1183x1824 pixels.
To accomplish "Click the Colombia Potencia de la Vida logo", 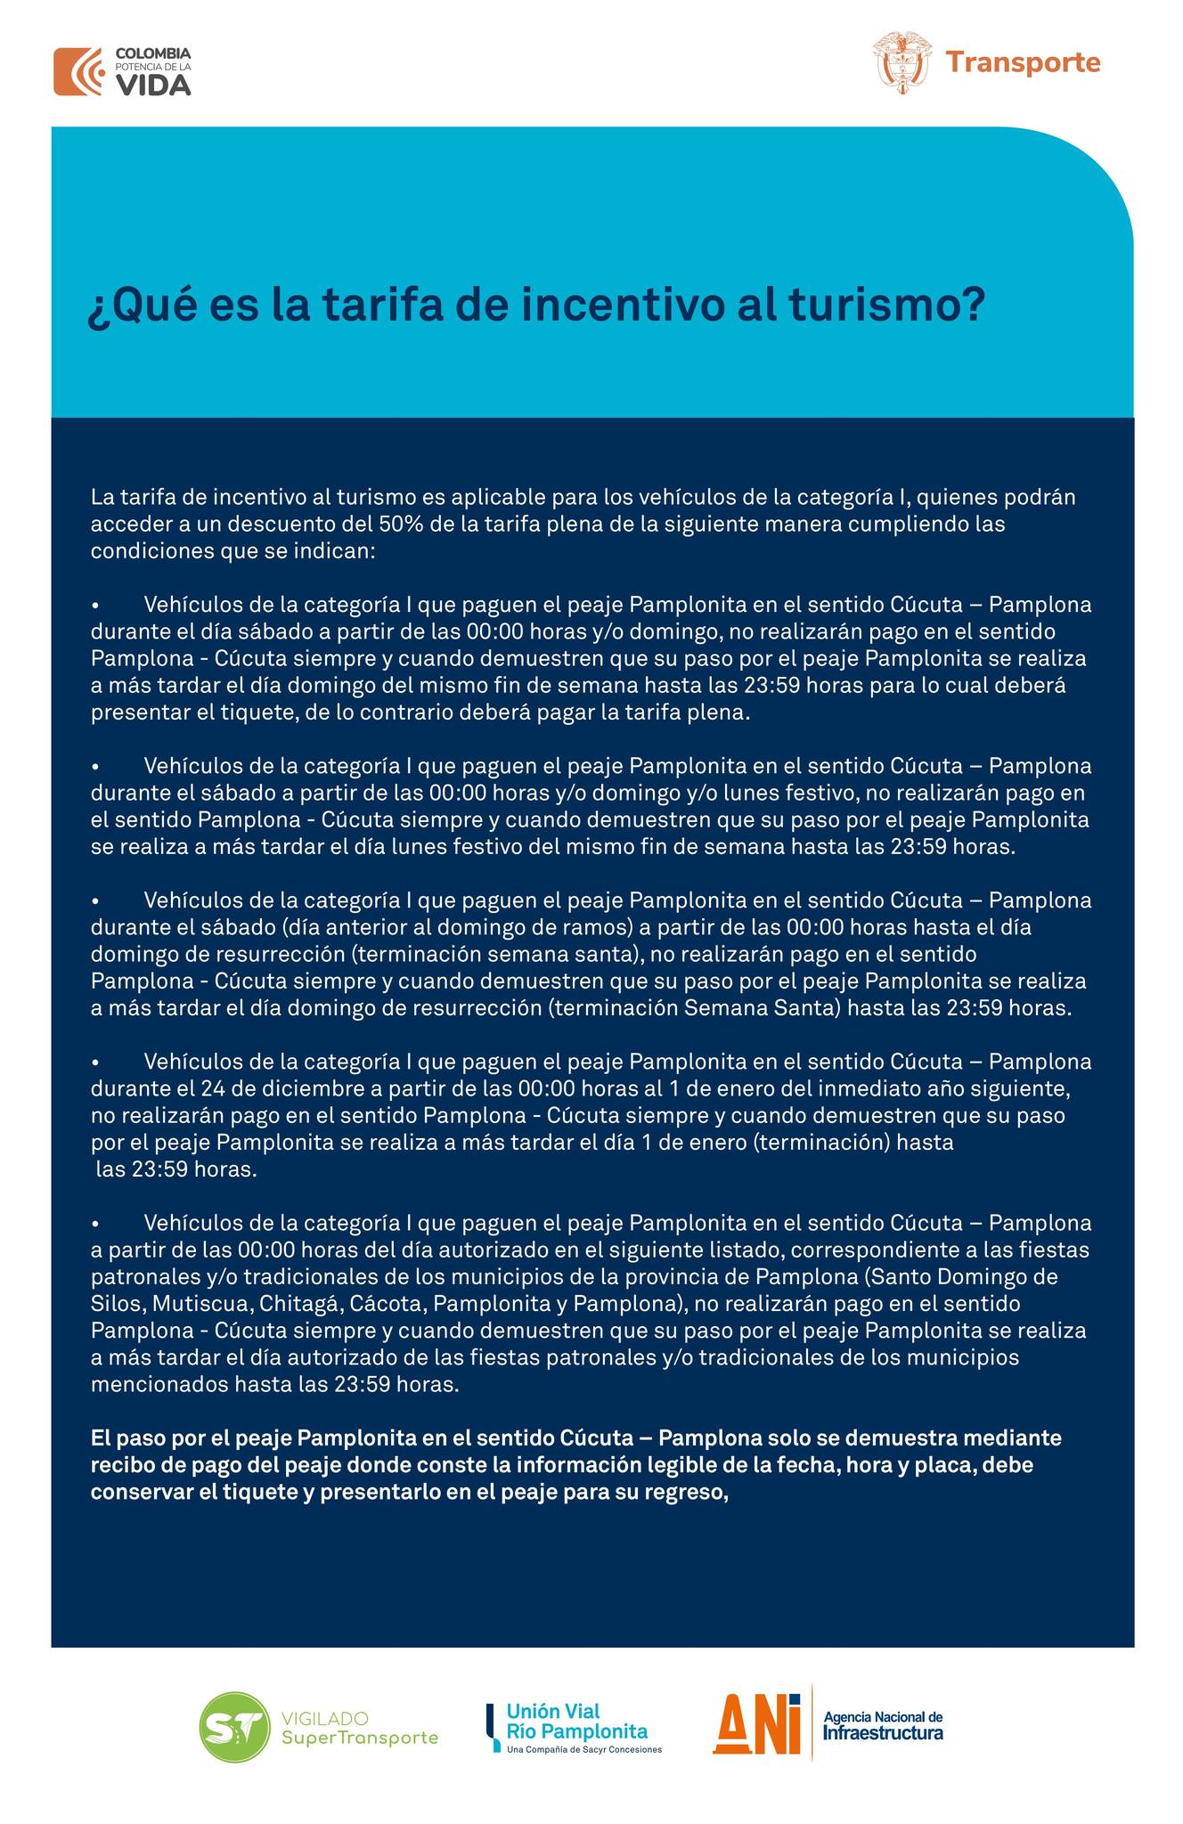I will tap(122, 71).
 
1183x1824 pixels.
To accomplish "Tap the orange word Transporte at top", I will tap(1023, 63).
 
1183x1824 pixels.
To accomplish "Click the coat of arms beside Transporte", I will tap(902, 61).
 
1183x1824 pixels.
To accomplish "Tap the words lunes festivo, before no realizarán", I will tap(796, 793).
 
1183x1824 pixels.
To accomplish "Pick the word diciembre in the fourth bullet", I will tap(296, 1088).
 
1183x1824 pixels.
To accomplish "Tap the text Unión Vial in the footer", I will tap(553, 1711).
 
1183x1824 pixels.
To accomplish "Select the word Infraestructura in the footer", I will tap(883, 1733).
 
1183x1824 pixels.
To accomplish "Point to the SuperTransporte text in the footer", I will tap(360, 1738).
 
